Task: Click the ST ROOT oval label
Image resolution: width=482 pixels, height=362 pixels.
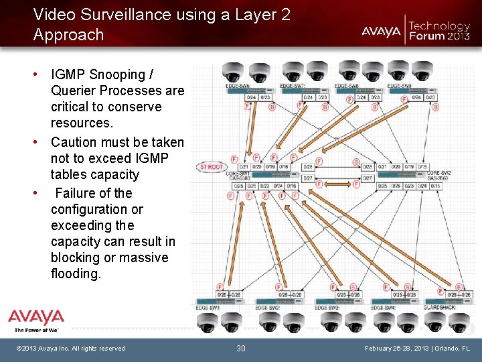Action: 212,167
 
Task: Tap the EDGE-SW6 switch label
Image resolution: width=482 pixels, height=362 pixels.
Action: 238,86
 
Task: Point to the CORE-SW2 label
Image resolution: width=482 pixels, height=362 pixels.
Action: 438,172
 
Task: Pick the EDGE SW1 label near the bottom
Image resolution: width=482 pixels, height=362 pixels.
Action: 208,307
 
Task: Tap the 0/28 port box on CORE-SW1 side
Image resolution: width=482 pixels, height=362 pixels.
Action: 309,166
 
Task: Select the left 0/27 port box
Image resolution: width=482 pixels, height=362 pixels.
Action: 309,178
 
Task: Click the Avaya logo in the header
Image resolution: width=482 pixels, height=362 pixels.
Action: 381,31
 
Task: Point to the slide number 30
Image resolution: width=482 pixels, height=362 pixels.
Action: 241,348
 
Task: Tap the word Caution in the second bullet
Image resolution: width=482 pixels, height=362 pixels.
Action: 74,142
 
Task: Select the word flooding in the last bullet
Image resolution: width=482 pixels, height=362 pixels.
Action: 76,274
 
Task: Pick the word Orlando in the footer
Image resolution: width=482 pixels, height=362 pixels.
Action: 444,349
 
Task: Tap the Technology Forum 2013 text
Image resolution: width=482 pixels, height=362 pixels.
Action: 439,31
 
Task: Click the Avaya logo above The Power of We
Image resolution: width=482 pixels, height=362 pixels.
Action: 36,317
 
